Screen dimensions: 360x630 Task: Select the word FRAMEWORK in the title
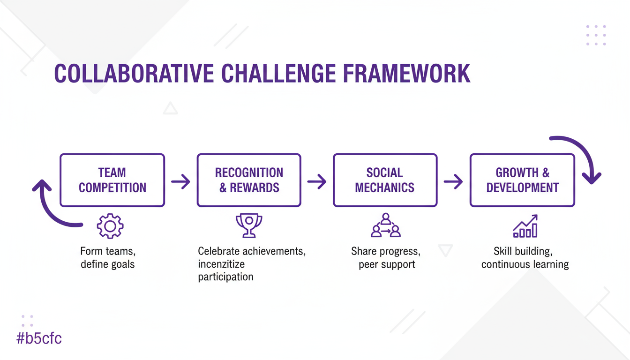(406, 74)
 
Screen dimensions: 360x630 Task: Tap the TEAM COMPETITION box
(112, 180)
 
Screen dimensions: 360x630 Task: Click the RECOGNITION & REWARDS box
(249, 180)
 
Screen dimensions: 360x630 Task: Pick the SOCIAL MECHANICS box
(385, 180)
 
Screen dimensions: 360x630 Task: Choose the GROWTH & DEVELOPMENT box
(522, 180)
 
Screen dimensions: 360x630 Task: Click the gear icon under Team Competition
(110, 226)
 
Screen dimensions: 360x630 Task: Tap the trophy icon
(249, 225)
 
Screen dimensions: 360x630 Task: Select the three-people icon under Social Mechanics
(385, 225)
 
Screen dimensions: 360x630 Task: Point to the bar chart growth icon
(525, 226)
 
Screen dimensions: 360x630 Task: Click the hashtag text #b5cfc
(39, 338)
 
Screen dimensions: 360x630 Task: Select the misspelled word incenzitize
(221, 264)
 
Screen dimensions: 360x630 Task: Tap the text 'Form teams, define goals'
(108, 257)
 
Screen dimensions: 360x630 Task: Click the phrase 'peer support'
(387, 264)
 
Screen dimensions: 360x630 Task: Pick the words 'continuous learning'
(525, 264)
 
